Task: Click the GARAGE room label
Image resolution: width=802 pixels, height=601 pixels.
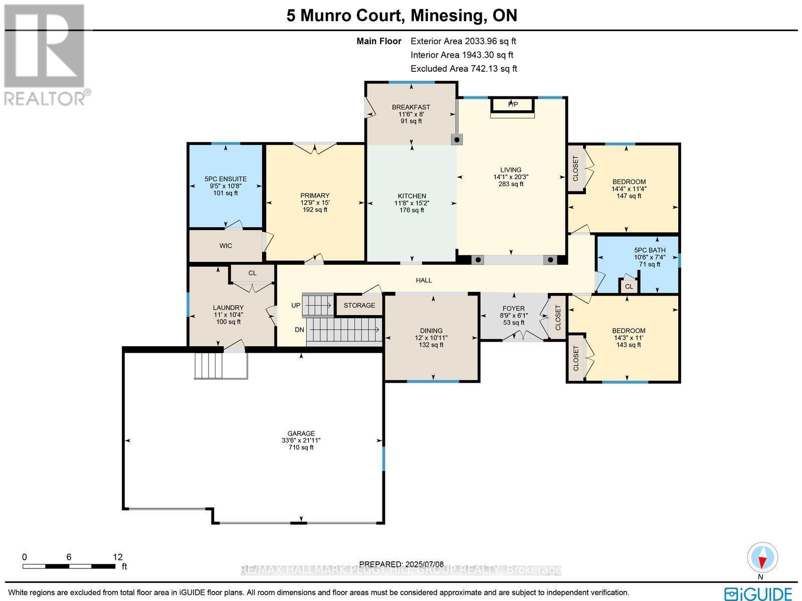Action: click(301, 433)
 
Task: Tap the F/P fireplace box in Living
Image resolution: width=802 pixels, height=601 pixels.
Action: click(513, 105)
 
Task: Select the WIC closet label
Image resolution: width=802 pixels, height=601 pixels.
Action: click(226, 246)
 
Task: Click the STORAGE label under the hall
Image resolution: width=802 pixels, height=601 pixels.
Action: click(359, 305)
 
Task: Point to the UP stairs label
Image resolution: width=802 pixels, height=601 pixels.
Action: click(296, 305)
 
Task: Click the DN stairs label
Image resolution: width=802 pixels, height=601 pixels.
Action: click(299, 330)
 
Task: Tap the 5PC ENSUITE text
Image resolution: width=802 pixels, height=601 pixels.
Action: click(226, 179)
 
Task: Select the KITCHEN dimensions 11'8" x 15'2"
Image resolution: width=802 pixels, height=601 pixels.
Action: click(412, 203)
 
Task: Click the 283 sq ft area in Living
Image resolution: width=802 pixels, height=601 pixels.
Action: click(511, 184)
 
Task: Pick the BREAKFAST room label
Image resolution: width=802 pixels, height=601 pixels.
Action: click(411, 107)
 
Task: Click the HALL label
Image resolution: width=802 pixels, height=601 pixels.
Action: click(424, 280)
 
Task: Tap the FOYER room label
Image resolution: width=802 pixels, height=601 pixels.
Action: click(513, 309)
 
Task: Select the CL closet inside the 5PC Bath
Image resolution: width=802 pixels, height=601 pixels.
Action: click(629, 286)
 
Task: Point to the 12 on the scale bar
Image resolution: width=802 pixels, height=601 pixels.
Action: click(117, 557)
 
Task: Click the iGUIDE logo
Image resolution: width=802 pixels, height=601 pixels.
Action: click(759, 593)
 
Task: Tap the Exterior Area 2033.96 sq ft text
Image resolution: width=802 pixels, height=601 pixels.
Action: click(463, 42)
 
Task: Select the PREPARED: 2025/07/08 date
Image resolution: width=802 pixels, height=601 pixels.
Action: click(402, 564)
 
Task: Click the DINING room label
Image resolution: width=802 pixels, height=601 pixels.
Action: click(431, 331)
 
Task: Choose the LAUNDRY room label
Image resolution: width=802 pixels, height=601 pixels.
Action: click(228, 308)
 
